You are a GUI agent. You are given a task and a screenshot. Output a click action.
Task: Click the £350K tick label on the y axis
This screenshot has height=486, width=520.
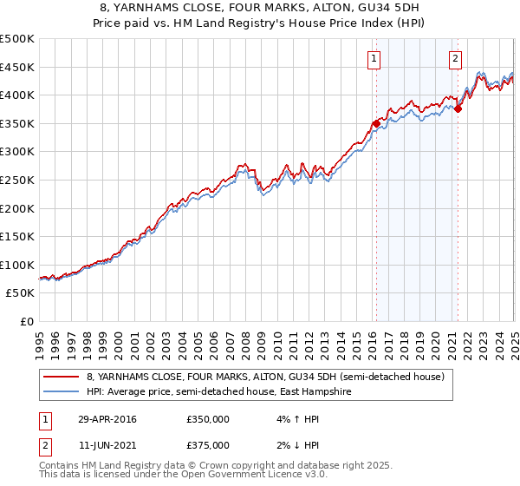coord(18,124)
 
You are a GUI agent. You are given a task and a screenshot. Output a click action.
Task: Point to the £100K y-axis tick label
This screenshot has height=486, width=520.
coord(18,265)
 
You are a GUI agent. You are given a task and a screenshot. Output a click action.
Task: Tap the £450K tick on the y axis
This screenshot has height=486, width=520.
coord(18,67)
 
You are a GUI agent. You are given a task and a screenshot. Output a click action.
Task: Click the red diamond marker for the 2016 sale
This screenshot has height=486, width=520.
coord(376,124)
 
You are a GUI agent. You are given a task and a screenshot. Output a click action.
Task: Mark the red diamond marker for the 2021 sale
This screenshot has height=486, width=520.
coord(458,108)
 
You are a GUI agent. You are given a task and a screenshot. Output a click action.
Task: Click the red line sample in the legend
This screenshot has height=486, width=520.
coord(62,377)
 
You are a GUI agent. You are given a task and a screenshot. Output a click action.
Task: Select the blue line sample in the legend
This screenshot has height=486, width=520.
coord(62,391)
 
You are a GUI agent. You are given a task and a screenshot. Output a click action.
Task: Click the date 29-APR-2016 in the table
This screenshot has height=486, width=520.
coord(106,419)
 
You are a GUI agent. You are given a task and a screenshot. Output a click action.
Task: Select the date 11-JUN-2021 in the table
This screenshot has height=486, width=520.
coord(106,445)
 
